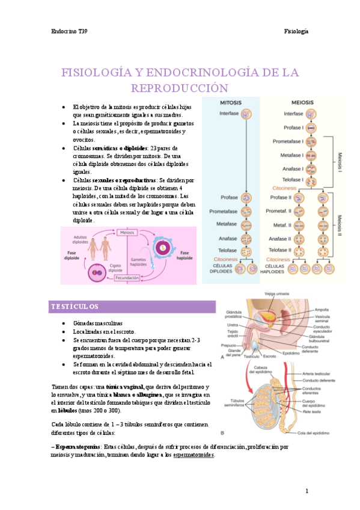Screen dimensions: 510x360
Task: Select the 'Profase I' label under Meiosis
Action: (x=293, y=127)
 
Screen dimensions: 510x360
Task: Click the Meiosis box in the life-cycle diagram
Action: (x=126, y=232)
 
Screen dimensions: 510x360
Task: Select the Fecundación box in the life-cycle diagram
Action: (x=127, y=278)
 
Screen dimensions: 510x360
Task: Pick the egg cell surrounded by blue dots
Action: (x=162, y=247)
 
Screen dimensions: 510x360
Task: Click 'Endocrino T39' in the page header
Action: (x=70, y=31)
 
